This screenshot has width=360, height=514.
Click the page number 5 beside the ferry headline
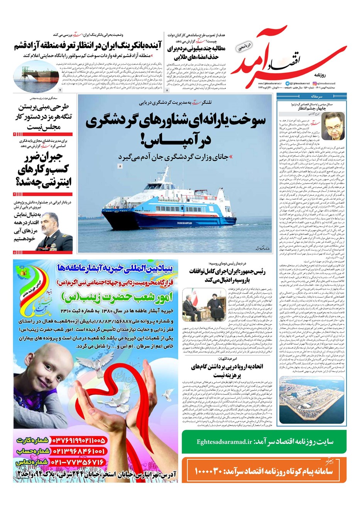(120, 166)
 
